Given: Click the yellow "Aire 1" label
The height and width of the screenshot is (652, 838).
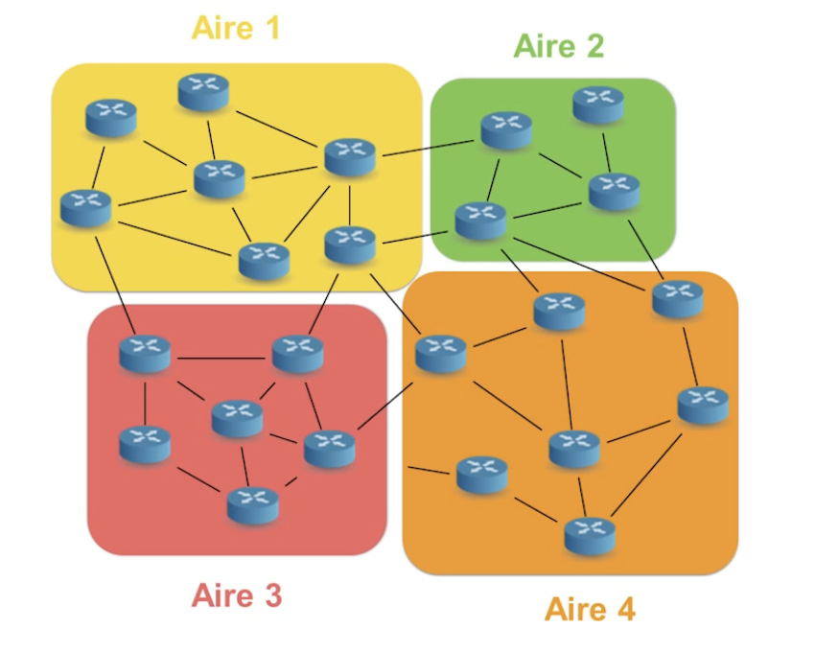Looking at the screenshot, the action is point(236,28).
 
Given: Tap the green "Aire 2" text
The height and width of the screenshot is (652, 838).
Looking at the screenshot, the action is point(558,46).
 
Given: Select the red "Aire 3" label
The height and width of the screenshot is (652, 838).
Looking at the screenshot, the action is point(236,595).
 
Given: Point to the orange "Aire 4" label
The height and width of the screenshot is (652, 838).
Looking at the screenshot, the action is point(590,609).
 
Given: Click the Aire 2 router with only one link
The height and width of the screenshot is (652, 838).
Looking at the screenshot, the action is point(598,105).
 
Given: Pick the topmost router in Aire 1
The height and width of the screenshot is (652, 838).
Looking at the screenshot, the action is point(203,92).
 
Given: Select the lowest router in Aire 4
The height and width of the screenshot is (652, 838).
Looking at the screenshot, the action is point(590,536).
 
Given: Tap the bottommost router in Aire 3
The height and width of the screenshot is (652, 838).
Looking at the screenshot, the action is point(253,505).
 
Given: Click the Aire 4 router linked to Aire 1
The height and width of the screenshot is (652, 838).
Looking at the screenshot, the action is point(440,353).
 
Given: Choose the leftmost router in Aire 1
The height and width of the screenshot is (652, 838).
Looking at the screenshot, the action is point(85,208).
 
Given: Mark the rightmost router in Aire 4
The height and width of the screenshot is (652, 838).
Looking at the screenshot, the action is point(702,405).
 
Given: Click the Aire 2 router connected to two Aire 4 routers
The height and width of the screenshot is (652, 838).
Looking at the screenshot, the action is point(480,221).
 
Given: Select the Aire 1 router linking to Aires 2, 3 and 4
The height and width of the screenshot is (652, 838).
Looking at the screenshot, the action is point(350,244).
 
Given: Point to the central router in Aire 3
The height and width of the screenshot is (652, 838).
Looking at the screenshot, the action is point(237,418).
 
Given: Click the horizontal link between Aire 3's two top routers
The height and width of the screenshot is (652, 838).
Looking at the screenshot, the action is point(221,358).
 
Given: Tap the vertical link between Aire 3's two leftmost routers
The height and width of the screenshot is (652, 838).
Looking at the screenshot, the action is point(144,403).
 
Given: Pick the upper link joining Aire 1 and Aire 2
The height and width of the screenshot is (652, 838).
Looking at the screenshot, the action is point(428,148).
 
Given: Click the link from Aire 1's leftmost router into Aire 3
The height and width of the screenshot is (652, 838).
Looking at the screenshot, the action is point(115,284).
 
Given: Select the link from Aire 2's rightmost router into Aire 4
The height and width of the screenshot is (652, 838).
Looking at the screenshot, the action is point(645,249).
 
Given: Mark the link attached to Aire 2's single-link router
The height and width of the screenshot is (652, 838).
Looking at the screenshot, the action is point(606,152).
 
